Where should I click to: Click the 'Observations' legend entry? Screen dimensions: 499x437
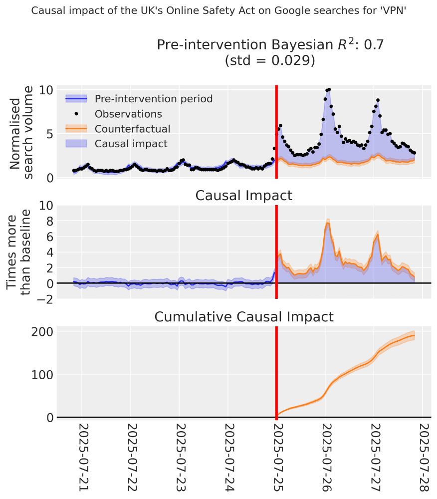[x=128, y=114]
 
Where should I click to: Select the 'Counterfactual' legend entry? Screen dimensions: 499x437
[x=132, y=129]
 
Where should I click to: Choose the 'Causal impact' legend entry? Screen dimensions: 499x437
[x=131, y=144]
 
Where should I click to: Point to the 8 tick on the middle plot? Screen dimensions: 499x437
[x=48, y=221]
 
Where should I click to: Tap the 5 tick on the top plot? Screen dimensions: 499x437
[x=48, y=134]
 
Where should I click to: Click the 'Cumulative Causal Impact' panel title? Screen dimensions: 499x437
[x=243, y=317]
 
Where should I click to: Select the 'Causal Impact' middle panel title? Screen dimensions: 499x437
[x=243, y=196]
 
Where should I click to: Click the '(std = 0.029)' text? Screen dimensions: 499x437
[x=270, y=60]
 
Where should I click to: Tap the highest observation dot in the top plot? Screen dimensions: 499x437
[x=329, y=90]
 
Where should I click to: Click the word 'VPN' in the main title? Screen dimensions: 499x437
[x=395, y=10]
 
